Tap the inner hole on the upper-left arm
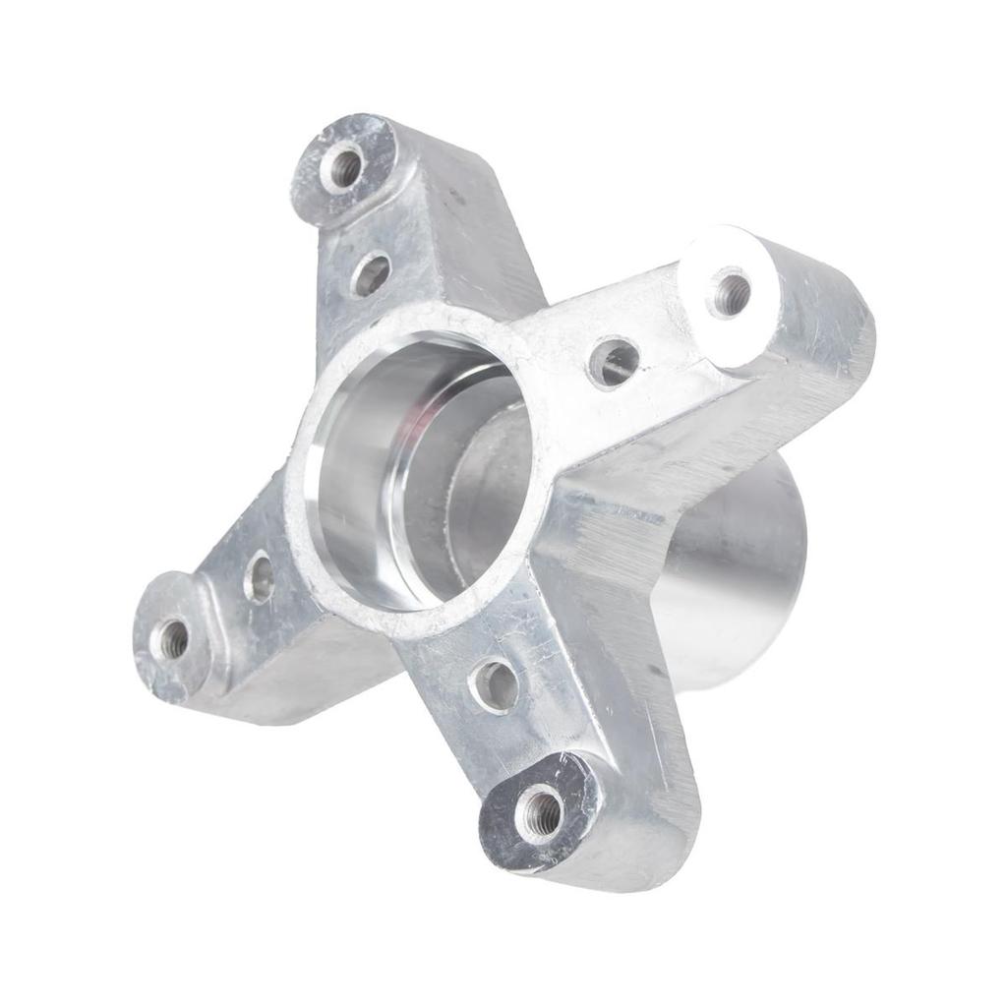tap(371, 274)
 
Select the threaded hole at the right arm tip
tap(730, 293)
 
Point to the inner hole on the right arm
tap(614, 363)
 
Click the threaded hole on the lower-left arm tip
tap(173, 639)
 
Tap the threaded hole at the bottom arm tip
tap(540, 812)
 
